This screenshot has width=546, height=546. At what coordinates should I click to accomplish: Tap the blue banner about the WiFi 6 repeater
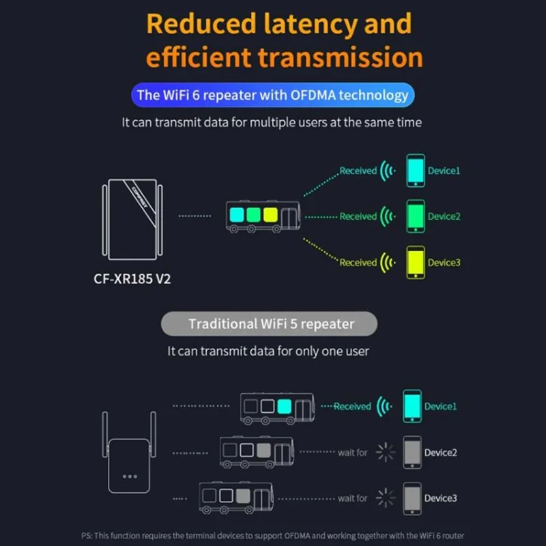pos(274,95)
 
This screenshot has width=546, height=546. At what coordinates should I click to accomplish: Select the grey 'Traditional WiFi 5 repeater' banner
pos(269,323)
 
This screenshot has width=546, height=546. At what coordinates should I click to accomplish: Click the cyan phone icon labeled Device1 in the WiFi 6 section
pos(416,171)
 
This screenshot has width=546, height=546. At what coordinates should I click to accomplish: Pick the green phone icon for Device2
pos(416,216)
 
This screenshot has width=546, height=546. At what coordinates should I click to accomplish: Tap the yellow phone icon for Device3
pos(416,262)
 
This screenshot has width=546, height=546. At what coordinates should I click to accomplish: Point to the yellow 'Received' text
pos(358,262)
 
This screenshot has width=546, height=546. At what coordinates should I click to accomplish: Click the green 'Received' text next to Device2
pos(358,216)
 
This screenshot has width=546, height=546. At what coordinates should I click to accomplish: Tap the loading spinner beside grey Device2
pos(386,452)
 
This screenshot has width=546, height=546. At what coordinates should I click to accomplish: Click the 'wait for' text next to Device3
pos(352,498)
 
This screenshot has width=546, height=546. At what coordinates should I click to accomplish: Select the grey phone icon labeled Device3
pos(412,498)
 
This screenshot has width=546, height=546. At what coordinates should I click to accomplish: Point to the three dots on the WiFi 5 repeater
pos(130,476)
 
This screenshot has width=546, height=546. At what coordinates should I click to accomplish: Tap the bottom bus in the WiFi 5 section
pos(235,496)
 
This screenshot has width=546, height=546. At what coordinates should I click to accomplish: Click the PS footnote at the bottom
pos(273,536)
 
